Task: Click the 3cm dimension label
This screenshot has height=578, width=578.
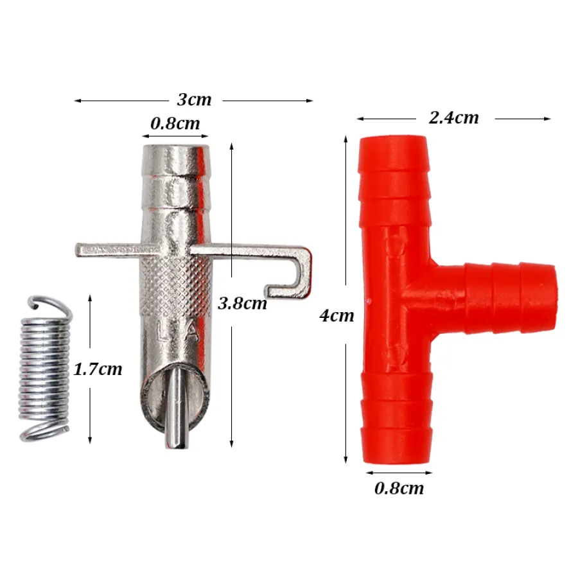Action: coord(194,100)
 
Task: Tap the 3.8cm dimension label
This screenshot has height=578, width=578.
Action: coord(243,303)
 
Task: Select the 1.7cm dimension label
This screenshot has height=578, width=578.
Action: coord(98,369)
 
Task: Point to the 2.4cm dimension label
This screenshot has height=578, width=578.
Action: coord(454,118)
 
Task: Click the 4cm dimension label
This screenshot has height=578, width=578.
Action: coord(337,315)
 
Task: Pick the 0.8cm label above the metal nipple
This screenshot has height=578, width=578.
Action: coord(175,123)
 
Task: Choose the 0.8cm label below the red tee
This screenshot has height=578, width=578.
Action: coord(399,488)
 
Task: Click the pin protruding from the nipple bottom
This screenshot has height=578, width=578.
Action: coord(177,408)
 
